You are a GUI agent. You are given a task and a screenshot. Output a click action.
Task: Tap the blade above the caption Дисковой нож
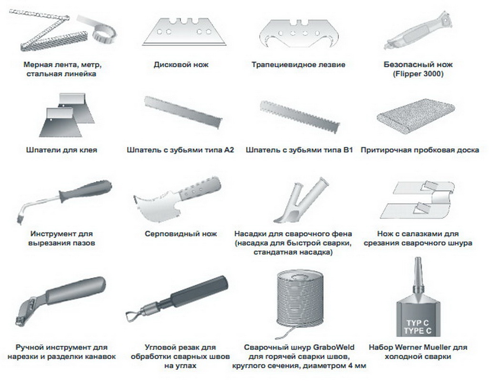pos(184,32)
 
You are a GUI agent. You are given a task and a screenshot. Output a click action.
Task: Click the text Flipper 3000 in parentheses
pos(418,74)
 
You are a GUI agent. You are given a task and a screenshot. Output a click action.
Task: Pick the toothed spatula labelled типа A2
pos(183,112)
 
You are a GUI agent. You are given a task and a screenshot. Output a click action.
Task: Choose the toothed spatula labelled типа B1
pos(300,117)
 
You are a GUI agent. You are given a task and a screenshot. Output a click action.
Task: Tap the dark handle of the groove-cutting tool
pos(85,190)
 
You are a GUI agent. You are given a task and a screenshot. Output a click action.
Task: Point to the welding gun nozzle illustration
pos(301,201)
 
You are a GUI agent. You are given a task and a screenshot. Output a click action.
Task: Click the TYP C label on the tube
pos(418,323)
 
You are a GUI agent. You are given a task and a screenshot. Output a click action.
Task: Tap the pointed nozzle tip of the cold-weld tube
pos(418,259)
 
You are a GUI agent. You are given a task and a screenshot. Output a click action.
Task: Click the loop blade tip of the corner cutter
pos(132,316)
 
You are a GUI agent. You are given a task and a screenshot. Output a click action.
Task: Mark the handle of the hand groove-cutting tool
pos(75,290)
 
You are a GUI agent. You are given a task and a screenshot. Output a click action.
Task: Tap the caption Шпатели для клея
pos(61,150)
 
